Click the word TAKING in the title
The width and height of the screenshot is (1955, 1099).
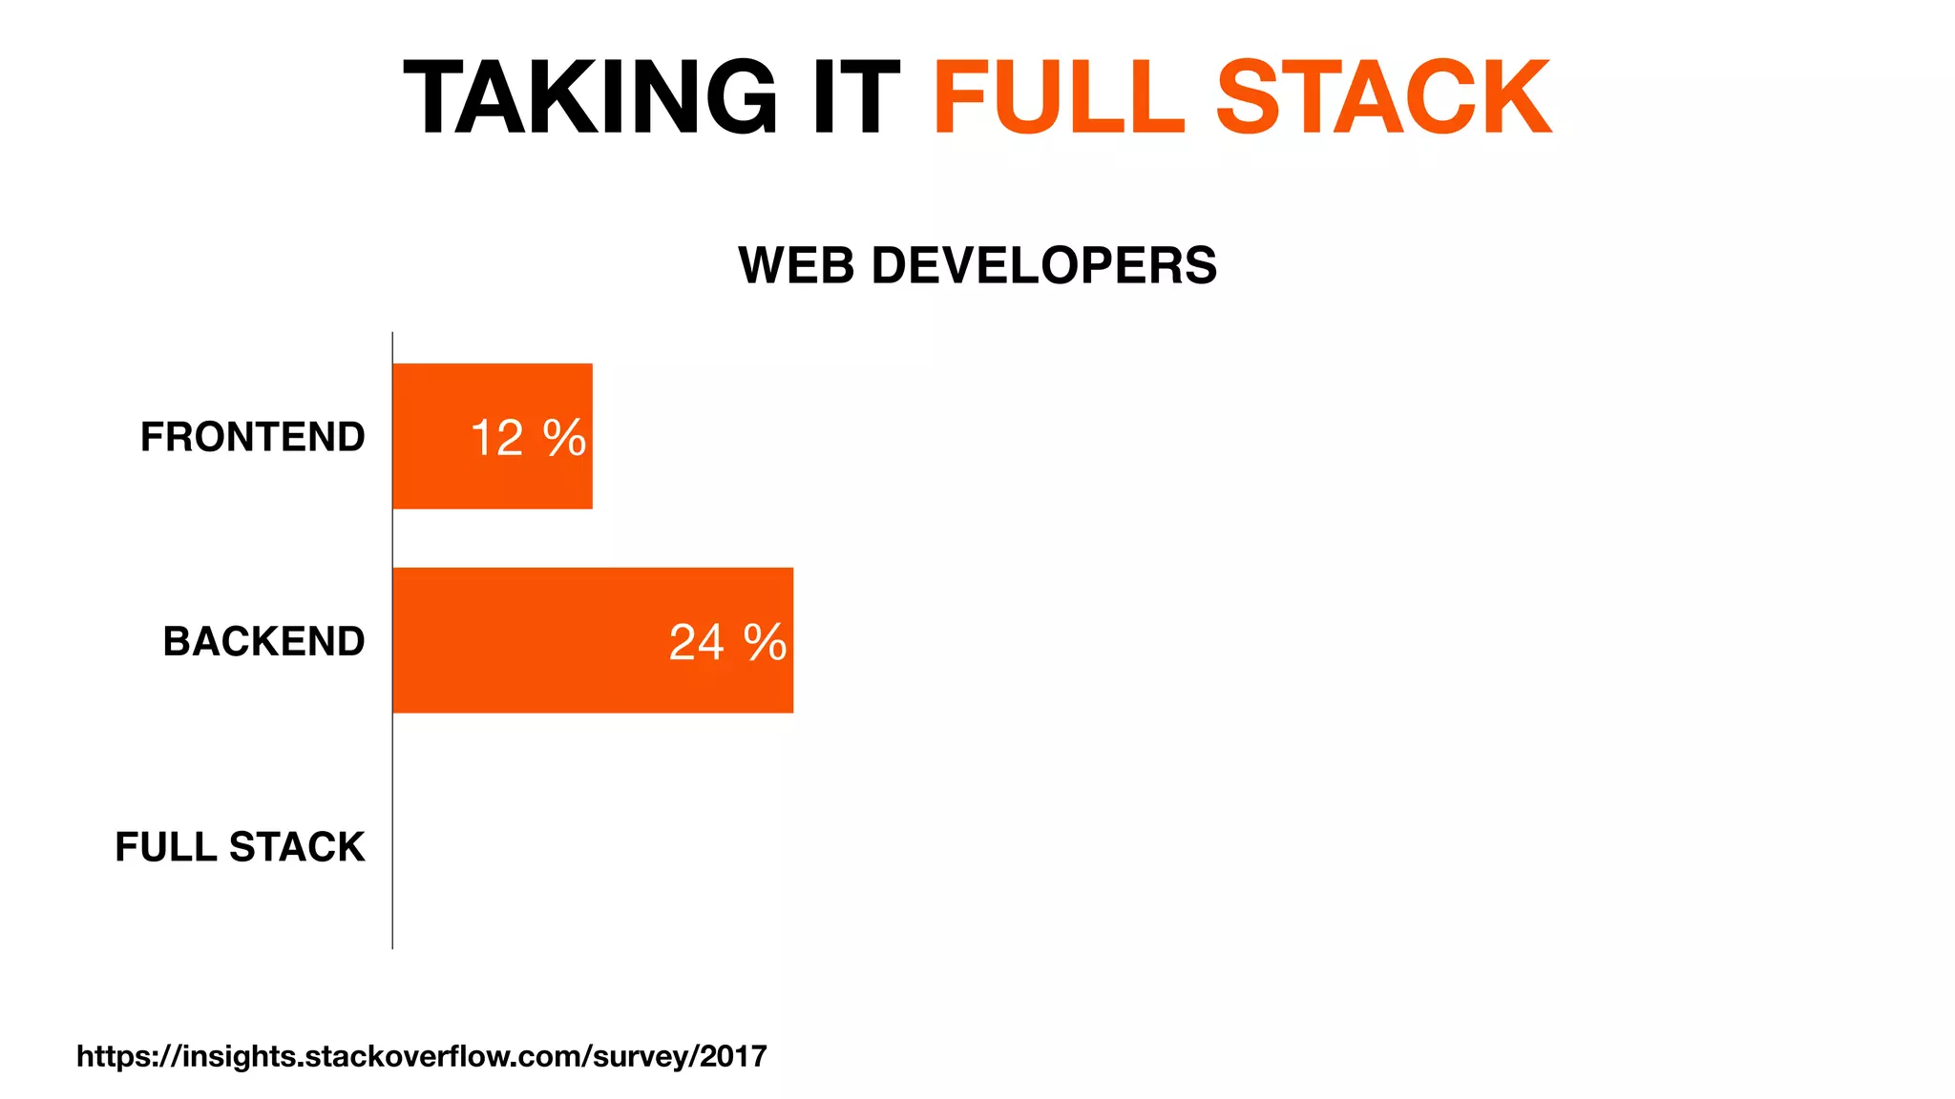(590, 97)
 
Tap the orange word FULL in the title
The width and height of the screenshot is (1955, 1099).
(1059, 97)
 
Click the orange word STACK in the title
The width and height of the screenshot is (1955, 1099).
(1384, 97)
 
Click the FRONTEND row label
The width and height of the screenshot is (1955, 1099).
(253, 437)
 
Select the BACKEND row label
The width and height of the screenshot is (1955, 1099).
(264, 641)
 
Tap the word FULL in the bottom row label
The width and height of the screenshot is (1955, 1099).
(166, 847)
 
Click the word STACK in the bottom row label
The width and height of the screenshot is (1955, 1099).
(297, 847)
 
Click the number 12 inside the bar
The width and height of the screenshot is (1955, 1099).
(497, 439)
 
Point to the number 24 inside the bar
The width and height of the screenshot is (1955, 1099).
(697, 643)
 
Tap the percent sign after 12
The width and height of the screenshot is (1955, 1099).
(564, 439)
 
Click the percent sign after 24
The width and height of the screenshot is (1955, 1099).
(766, 643)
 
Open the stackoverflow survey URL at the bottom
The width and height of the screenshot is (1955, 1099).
(421, 1056)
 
